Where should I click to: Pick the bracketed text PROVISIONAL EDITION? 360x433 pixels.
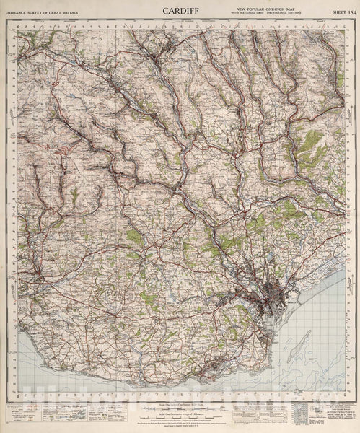[283, 14]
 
